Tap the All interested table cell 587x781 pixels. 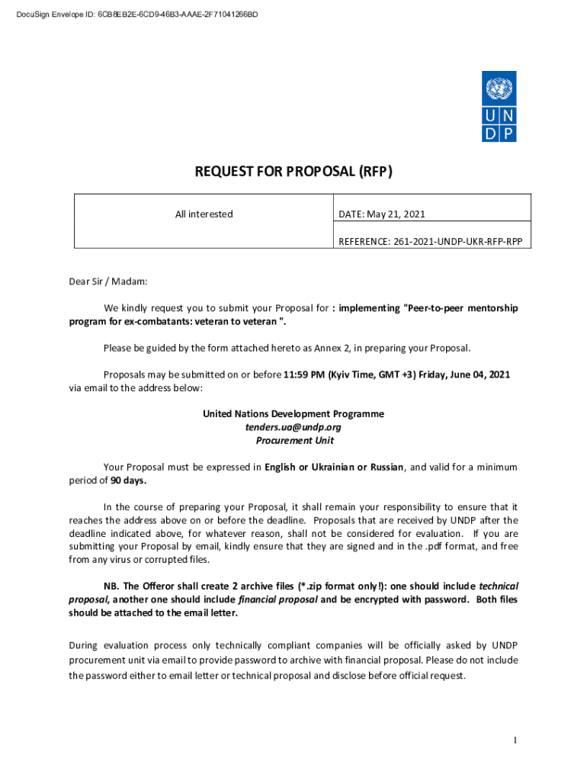204,214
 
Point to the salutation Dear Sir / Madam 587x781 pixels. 107,281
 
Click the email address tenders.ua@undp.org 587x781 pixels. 293,427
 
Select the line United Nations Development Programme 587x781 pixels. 293,413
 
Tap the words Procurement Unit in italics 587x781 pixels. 293,441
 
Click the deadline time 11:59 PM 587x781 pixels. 304,374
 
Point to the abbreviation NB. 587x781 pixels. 111,586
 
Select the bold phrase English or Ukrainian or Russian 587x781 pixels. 334,467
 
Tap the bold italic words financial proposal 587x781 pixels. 278,599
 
